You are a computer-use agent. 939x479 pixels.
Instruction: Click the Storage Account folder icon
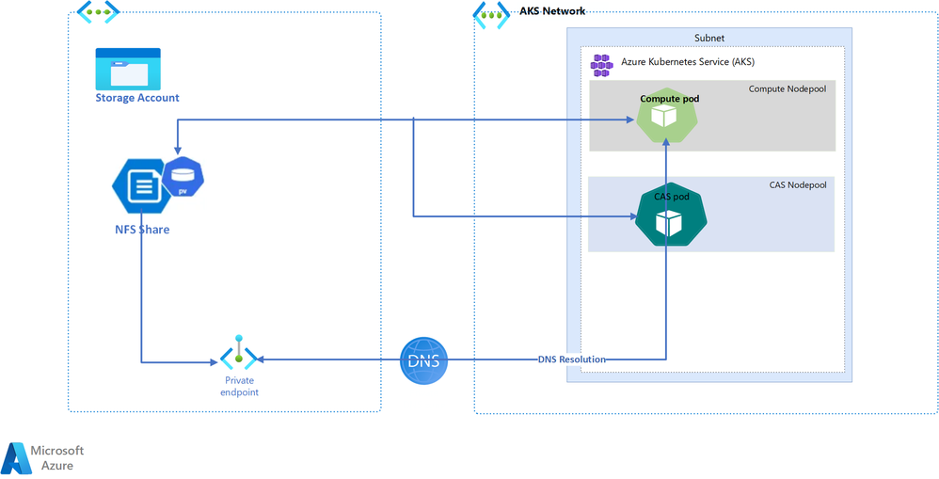(128, 68)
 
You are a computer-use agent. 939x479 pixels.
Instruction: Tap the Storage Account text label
(137, 98)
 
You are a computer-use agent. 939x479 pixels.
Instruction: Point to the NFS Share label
(137, 229)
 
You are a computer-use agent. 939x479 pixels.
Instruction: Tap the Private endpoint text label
(240, 386)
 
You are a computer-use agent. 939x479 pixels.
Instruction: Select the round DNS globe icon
(424, 359)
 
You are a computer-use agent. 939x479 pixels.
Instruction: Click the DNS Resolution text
(572, 359)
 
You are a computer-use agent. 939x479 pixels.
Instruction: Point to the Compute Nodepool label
(787, 89)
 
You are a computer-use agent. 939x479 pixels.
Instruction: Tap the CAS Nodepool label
(797, 185)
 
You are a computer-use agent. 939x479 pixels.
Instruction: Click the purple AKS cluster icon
(600, 64)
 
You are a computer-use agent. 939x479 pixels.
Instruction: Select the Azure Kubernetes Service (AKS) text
(688, 62)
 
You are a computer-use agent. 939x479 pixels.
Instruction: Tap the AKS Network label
(551, 11)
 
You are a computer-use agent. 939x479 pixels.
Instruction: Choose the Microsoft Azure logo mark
(16, 457)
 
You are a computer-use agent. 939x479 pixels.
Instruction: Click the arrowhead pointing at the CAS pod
(632, 217)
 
